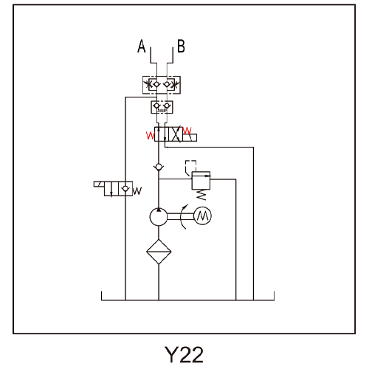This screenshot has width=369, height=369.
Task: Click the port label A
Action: pyautogui.click(x=142, y=46)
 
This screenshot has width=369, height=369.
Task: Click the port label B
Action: pyautogui.click(x=181, y=46)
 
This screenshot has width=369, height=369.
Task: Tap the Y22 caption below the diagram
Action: pyautogui.click(x=184, y=354)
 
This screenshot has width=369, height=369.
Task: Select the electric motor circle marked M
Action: pyautogui.click(x=203, y=216)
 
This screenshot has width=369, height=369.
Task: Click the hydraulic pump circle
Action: pyautogui.click(x=159, y=217)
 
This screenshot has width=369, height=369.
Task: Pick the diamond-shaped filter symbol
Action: pyautogui.click(x=159, y=252)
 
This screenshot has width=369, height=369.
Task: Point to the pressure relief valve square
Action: pyautogui.click(x=201, y=181)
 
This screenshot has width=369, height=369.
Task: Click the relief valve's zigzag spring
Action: pyautogui.click(x=201, y=195)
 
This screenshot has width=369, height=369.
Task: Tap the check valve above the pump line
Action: pyautogui.click(x=159, y=168)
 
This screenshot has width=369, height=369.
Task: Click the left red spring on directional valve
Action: pyautogui.click(x=150, y=136)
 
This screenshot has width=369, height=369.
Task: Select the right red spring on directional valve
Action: pyautogui.click(x=187, y=131)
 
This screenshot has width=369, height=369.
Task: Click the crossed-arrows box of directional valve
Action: pyautogui.click(x=176, y=134)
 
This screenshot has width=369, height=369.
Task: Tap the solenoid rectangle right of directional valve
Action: pyautogui.click(x=190, y=138)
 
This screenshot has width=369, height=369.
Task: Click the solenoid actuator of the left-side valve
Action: pyautogui.click(x=99, y=184)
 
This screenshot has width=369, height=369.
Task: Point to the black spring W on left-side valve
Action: pyautogui.click(x=137, y=191)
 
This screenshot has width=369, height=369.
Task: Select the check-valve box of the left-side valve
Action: pyautogui.click(x=125, y=189)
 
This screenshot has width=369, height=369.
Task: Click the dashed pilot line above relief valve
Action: pyautogui.click(x=190, y=167)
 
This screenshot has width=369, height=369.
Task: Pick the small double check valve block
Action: pyautogui.click(x=162, y=107)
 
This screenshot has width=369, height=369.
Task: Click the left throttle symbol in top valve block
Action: pyautogui.click(x=148, y=85)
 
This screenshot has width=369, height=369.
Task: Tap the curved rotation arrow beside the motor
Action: pyautogui.click(x=184, y=216)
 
